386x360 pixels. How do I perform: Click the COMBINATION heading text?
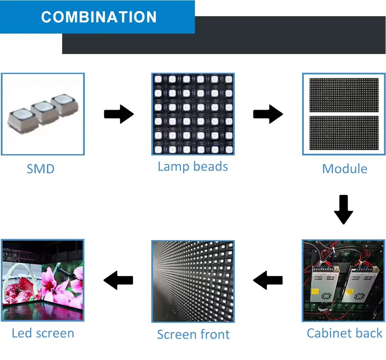point(99,17)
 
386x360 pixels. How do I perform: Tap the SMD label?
point(41,169)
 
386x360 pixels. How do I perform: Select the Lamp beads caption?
point(193,167)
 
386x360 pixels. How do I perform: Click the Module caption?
point(344,169)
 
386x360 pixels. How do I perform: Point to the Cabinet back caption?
point(344,333)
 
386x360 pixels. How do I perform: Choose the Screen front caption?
point(193,334)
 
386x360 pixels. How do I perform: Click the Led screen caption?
point(43,333)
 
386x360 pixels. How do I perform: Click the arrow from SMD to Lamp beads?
point(119,114)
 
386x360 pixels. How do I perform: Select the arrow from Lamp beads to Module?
point(268,114)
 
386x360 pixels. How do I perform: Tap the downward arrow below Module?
point(343,210)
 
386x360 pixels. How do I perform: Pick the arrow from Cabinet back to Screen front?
point(268,280)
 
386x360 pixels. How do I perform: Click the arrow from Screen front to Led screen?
point(119,280)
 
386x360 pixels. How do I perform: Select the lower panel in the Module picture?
point(344,133)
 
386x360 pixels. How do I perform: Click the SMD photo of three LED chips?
point(43,114)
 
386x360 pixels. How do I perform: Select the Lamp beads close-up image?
point(193,114)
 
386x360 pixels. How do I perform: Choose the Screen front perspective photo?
point(193,281)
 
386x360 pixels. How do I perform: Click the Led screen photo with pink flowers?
point(42,280)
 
